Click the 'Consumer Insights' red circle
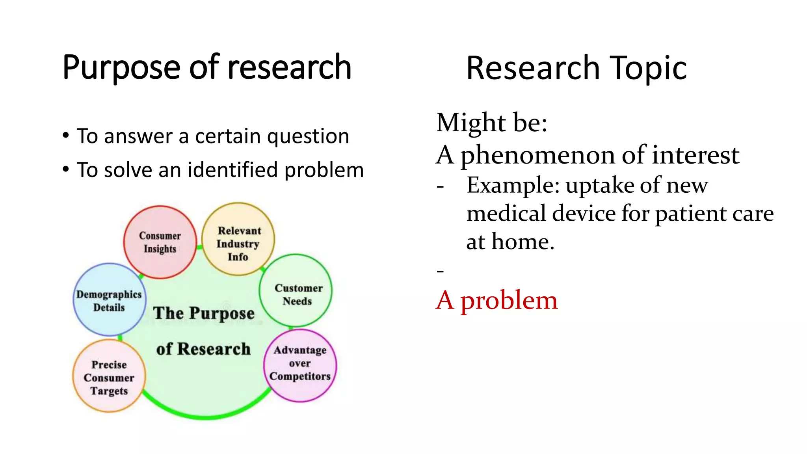point(160,242)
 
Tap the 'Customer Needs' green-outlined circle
point(296,291)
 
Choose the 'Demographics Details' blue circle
point(109,300)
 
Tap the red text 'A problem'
point(496,301)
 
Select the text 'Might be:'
point(492,123)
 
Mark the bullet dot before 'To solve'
point(66,169)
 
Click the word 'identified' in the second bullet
point(232,170)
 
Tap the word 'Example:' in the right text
point(513,185)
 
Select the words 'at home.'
point(510,242)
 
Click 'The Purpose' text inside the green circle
point(204,313)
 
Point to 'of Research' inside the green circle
point(203,349)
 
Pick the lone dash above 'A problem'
point(440,271)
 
